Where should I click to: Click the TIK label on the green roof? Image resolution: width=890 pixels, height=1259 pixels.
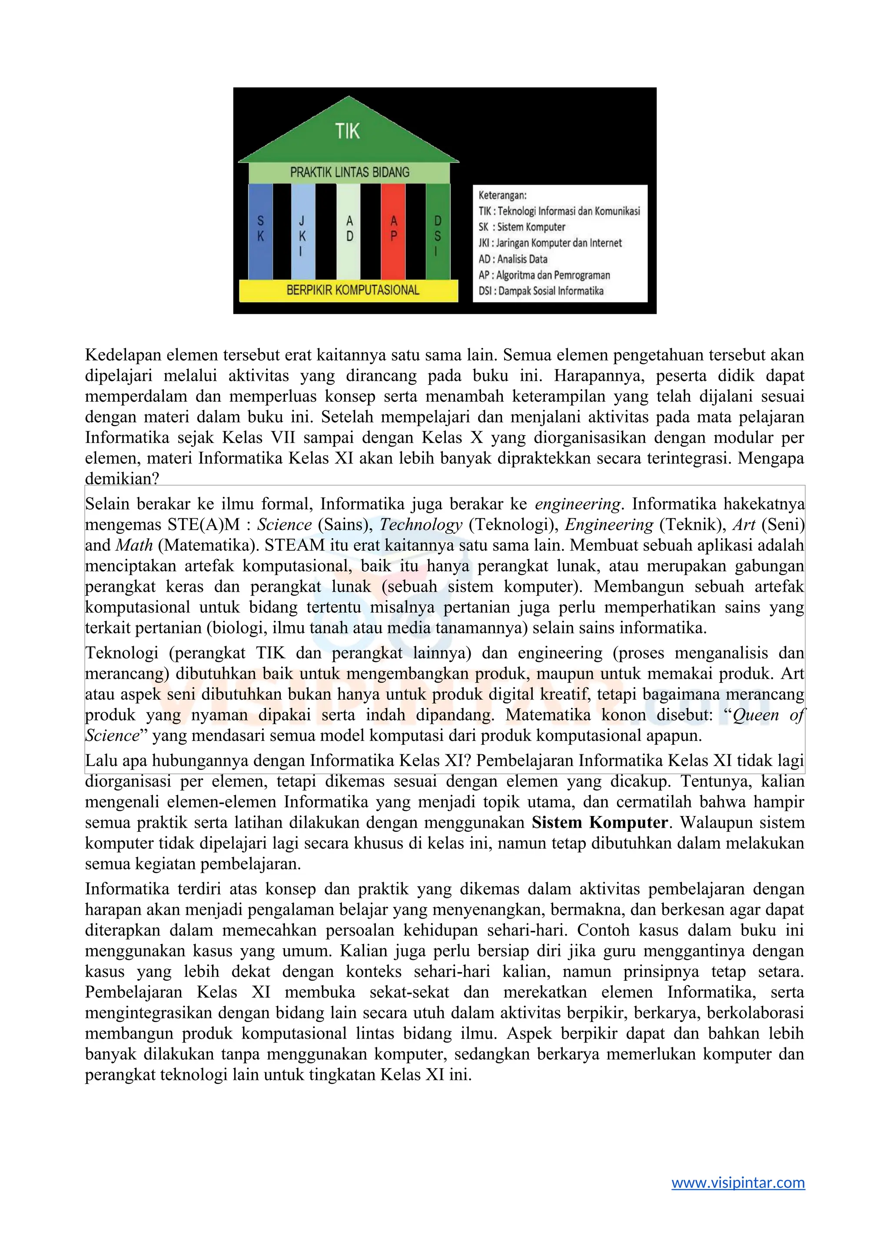[348, 132]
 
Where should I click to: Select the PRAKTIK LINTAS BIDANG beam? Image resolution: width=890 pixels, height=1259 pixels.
[350, 172]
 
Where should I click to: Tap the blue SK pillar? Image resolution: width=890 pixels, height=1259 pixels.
[261, 230]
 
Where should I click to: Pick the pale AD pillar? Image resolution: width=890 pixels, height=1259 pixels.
[349, 230]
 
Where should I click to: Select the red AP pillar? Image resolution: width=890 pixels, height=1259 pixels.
[393, 230]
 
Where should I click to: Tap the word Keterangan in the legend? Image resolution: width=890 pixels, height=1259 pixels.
[502, 195]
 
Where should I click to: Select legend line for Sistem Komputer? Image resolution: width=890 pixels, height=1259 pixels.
[522, 227]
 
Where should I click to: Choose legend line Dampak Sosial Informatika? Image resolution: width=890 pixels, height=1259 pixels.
[541, 291]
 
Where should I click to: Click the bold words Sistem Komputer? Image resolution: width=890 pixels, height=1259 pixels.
[600, 823]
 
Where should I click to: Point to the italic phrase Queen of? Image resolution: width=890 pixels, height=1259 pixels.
[768, 715]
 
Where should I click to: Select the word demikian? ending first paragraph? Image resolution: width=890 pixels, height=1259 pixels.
[122, 479]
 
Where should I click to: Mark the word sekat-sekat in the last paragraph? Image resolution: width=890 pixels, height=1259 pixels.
[409, 993]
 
